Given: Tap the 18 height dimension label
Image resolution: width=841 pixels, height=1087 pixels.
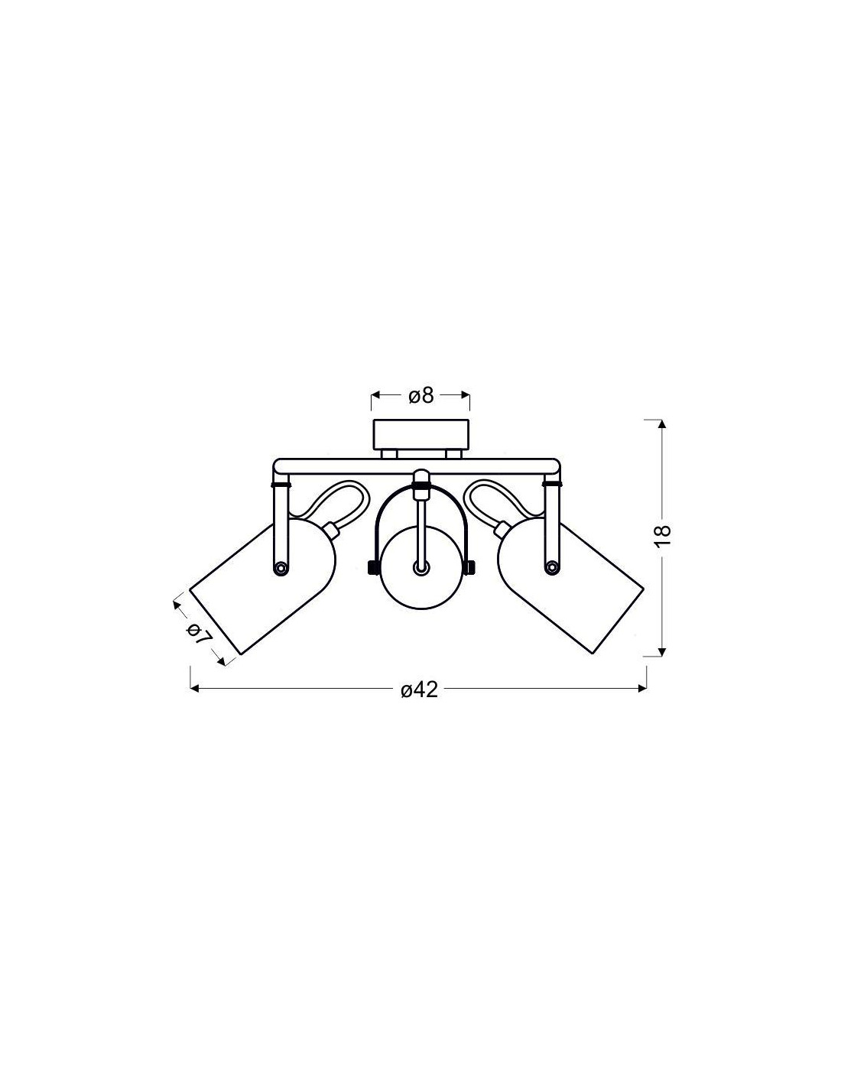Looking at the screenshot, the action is [662, 537].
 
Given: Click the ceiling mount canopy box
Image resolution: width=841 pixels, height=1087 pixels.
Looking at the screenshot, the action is [420, 434].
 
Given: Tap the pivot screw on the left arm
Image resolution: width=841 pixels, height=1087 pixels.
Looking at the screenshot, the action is [279, 567].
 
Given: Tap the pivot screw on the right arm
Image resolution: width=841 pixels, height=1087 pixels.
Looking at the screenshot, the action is [552, 567].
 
